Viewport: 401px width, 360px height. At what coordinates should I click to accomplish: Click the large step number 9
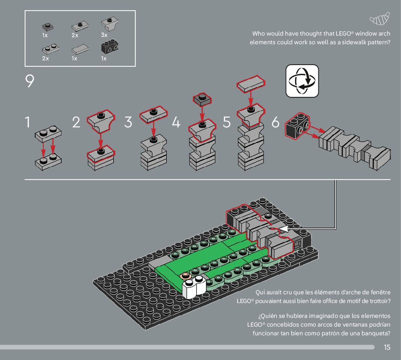coord(30,82)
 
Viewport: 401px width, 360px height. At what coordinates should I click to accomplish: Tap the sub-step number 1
coord(27,122)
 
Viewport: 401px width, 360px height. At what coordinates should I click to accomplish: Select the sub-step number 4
coord(176,122)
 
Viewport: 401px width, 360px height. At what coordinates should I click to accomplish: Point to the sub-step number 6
coord(276,122)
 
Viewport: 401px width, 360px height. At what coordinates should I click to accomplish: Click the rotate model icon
coord(302,81)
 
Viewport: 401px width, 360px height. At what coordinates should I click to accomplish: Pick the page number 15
coord(387,347)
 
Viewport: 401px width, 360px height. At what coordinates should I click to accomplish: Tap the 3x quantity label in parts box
coord(104,35)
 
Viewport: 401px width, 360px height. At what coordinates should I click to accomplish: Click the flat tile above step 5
coord(251,83)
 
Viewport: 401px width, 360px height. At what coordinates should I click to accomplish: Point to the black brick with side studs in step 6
coord(298,125)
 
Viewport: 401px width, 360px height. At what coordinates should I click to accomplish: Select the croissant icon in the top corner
coord(380,18)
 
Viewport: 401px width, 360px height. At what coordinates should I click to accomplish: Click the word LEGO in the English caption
coord(342,34)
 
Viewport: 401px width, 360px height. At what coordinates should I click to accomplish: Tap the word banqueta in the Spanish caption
coord(374,333)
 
